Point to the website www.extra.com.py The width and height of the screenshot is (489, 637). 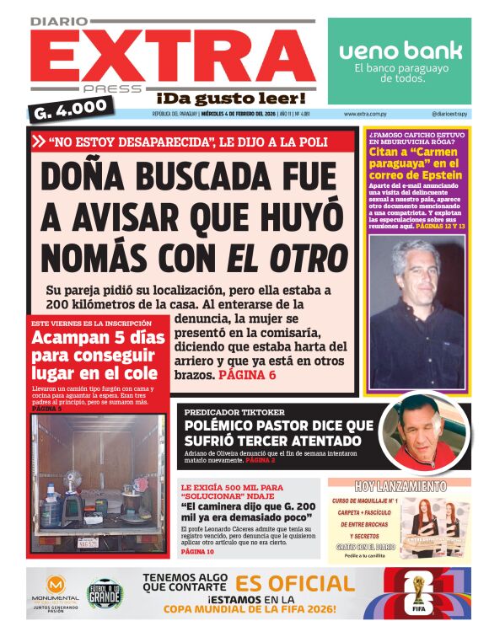click(x=366, y=114)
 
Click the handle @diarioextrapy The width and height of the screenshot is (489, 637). click(x=450, y=114)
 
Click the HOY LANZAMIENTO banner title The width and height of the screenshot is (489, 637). click(x=400, y=487)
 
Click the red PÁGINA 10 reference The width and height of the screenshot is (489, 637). click(x=197, y=551)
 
